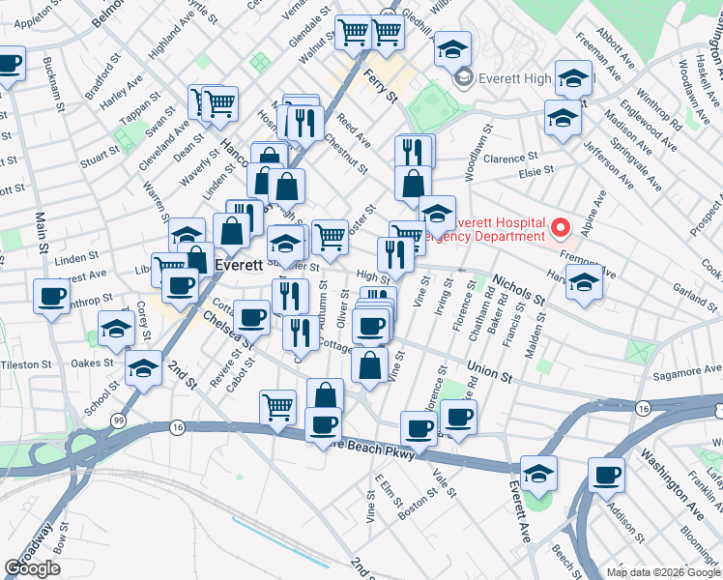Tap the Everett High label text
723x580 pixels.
[513, 76]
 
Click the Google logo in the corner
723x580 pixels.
[33, 568]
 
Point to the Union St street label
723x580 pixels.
[488, 371]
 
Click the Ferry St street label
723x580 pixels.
[381, 84]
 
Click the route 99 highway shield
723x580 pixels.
[118, 420]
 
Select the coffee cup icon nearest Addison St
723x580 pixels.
[607, 475]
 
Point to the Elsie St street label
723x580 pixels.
[535, 172]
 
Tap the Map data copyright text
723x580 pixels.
[663, 572]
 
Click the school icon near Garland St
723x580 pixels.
[584, 281]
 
